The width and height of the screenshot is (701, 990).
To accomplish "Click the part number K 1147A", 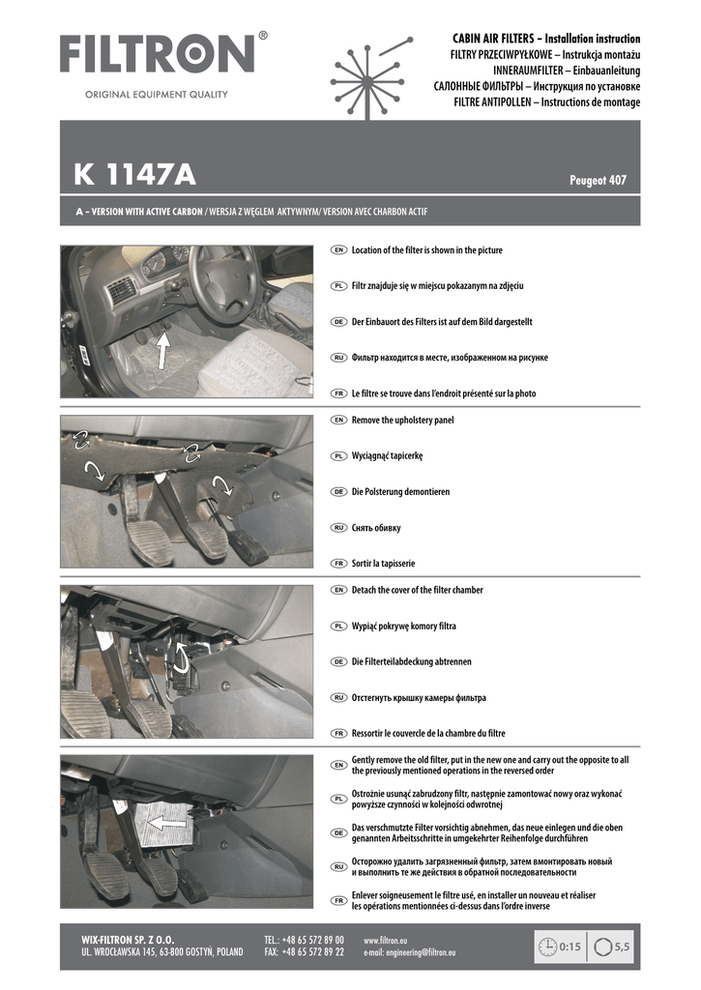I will [x=134, y=176].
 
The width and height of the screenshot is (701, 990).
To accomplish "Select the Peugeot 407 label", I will [x=599, y=181].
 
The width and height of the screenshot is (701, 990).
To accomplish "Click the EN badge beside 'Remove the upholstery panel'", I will [x=338, y=421].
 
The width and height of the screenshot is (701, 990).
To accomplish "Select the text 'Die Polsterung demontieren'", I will [x=400, y=492].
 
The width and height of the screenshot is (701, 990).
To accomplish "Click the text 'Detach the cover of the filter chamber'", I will [x=417, y=590].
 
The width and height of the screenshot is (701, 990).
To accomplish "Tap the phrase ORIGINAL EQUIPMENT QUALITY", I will [x=157, y=95].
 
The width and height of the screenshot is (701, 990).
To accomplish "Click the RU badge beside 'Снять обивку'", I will [x=338, y=528].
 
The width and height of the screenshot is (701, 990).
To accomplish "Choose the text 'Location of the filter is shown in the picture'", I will [x=426, y=250].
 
